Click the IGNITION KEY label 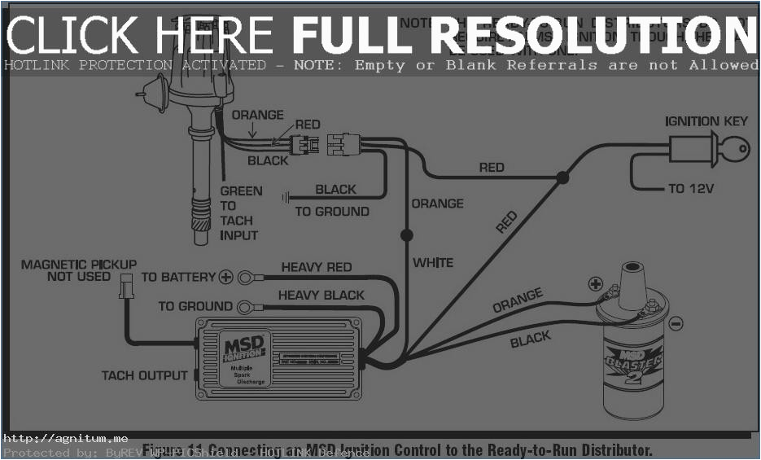click(706, 121)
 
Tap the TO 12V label click(691, 189)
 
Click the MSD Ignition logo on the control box click(243, 350)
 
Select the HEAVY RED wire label click(317, 267)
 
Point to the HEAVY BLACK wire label click(321, 295)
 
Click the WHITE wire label click(433, 263)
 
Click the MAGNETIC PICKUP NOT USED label click(79, 270)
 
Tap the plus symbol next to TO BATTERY click(225, 277)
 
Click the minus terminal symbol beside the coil click(676, 324)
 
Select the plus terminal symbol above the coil click(596, 284)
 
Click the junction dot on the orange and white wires click(406, 235)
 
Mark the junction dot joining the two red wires click(562, 177)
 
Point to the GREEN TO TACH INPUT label click(240, 213)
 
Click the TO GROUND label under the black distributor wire click(331, 212)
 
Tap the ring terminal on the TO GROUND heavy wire click(245, 307)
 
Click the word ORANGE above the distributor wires click(258, 115)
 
